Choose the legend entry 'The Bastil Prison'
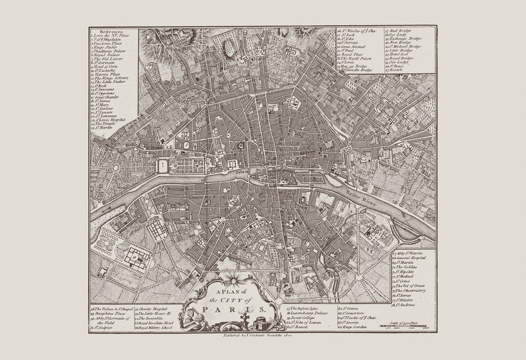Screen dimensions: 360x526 coord(356,58)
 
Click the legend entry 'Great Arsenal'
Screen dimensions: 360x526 coord(352,46)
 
